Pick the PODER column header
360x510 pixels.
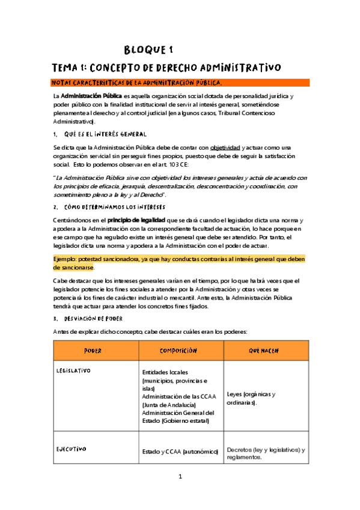93,350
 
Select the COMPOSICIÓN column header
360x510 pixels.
179,350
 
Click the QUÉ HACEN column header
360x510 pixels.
265,350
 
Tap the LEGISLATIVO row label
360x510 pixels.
73,371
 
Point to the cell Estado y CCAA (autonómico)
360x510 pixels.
179,450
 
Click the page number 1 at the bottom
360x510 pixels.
180,493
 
